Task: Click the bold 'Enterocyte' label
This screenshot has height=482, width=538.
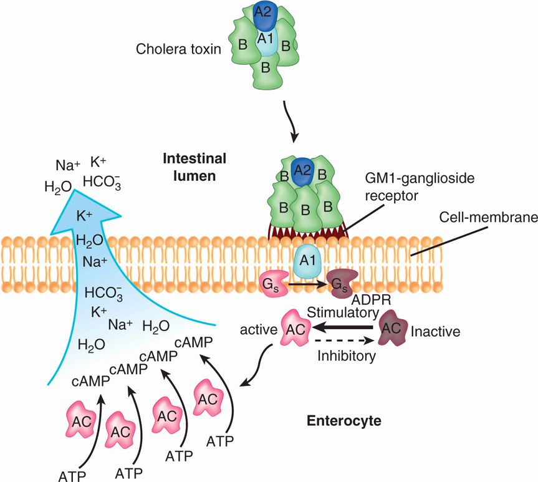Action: coord(343,420)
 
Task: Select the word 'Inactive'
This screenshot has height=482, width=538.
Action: coord(435,331)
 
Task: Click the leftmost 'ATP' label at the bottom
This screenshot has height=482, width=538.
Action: coord(74,476)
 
